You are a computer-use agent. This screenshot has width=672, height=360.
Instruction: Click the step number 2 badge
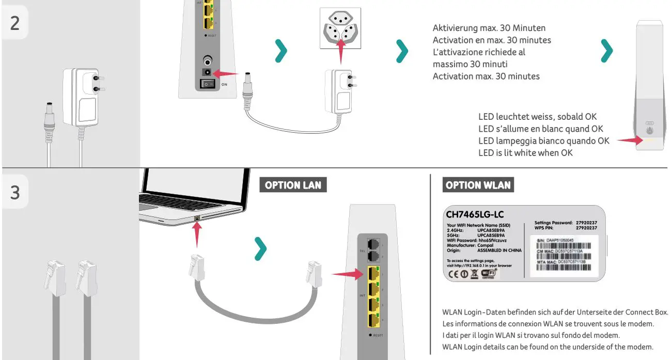(15, 23)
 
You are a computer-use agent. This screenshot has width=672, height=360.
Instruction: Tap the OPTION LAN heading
(293, 185)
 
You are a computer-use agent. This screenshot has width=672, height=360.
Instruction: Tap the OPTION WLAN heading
(478, 185)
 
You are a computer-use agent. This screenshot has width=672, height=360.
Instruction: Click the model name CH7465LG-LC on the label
(475, 214)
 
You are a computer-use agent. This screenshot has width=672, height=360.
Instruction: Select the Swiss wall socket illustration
(340, 29)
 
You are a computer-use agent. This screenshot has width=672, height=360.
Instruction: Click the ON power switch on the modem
(208, 84)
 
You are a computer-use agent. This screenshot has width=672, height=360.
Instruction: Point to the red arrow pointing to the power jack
(226, 73)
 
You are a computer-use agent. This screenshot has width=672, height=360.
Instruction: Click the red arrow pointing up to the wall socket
(340, 50)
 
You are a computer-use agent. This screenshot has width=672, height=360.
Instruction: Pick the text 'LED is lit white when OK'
(525, 152)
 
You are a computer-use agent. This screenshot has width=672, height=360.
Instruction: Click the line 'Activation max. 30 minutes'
(486, 76)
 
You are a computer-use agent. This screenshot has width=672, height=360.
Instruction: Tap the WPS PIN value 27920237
(586, 228)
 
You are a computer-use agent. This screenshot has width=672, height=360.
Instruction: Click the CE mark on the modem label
(452, 274)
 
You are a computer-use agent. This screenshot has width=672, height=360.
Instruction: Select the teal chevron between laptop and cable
(261, 249)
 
